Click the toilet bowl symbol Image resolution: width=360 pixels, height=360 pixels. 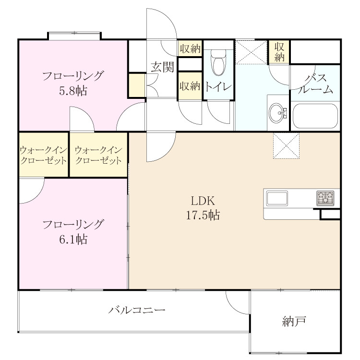[218, 63]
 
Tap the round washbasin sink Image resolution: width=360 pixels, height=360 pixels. [278, 113]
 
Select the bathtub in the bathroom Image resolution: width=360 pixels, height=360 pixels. [315, 116]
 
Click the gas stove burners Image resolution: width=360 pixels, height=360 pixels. [325, 198]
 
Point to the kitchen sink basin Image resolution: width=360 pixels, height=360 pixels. [277, 198]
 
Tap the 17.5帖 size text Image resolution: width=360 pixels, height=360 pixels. [203, 216]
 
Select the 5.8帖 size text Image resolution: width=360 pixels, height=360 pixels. [73, 91]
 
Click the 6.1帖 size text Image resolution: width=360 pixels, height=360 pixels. [73, 240]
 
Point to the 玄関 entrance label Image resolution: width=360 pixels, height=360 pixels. [163, 67]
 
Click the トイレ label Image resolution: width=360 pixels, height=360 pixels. [218, 87]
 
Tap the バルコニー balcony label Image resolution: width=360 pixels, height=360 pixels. [137, 310]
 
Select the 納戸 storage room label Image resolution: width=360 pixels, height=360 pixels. [294, 321]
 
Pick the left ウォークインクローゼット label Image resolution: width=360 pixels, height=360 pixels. [43, 155]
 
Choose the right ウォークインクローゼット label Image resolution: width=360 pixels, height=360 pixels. [98, 155]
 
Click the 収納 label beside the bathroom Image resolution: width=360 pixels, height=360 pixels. [279, 52]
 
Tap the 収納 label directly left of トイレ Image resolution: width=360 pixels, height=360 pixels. [190, 86]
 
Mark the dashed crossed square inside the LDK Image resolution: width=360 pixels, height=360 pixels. [286, 145]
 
